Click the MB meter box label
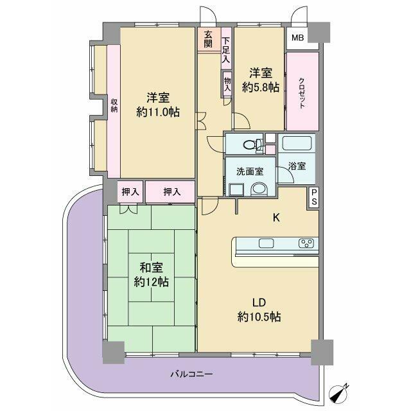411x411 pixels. click(x=297, y=38)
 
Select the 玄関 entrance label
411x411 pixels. click(x=209, y=40)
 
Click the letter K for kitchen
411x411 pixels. click(x=276, y=218)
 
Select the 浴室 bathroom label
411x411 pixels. click(x=296, y=166)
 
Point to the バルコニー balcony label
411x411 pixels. click(x=191, y=374)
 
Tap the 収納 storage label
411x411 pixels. click(x=114, y=105)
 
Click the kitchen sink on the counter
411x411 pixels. click(x=266, y=243)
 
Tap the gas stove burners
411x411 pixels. click(x=306, y=243)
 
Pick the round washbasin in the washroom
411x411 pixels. click(x=259, y=189)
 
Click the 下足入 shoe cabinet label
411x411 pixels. click(x=225, y=49)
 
